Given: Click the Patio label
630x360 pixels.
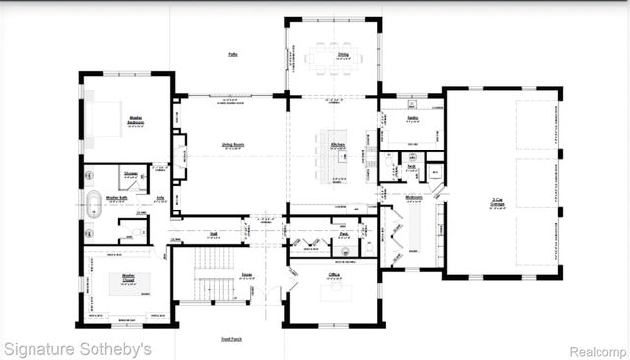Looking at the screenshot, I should [233, 54].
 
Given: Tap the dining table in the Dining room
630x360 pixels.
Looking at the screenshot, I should [332, 58].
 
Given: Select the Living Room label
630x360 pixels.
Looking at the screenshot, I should [233, 145].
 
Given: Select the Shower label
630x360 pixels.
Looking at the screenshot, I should [131, 173].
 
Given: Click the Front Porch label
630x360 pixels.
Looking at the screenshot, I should [233, 339].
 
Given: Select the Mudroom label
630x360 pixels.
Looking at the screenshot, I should [414, 197].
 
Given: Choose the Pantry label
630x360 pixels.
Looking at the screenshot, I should [413, 118].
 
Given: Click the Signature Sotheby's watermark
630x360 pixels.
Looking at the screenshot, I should [78, 348].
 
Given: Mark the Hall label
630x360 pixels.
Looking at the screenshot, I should [214, 234].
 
